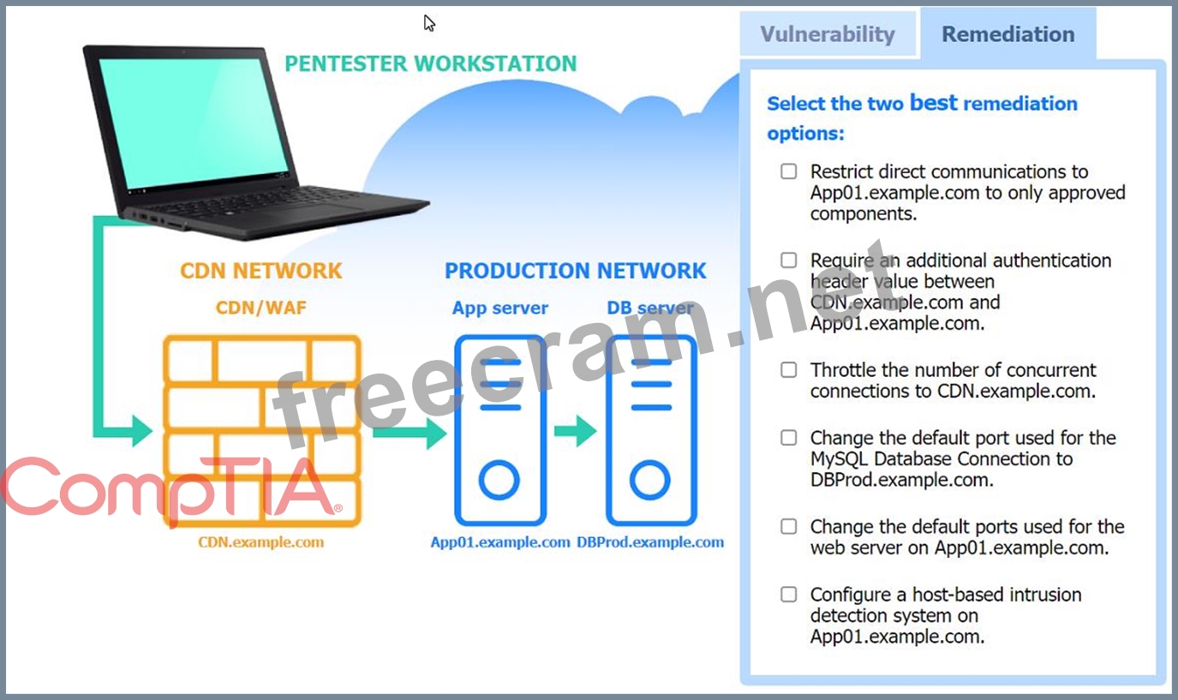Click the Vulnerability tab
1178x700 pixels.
(x=828, y=34)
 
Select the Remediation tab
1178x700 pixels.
(x=1008, y=34)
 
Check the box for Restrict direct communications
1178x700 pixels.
(x=788, y=171)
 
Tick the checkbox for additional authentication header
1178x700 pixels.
(x=788, y=260)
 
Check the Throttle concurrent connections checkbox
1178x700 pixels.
(x=788, y=370)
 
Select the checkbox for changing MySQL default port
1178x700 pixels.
(x=788, y=438)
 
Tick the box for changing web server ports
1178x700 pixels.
(x=788, y=526)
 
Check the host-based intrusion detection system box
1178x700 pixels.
(x=788, y=595)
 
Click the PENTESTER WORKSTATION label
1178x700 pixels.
(x=430, y=64)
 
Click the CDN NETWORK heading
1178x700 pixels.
(x=260, y=271)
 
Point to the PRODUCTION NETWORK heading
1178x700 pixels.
(x=575, y=271)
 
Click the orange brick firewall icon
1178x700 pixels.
(x=262, y=430)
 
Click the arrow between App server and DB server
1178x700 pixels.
(x=575, y=430)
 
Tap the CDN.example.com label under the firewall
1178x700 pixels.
(x=261, y=542)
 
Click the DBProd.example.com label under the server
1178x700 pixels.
(x=650, y=542)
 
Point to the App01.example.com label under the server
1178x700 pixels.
(x=500, y=542)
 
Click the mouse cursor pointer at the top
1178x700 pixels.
(x=429, y=23)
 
